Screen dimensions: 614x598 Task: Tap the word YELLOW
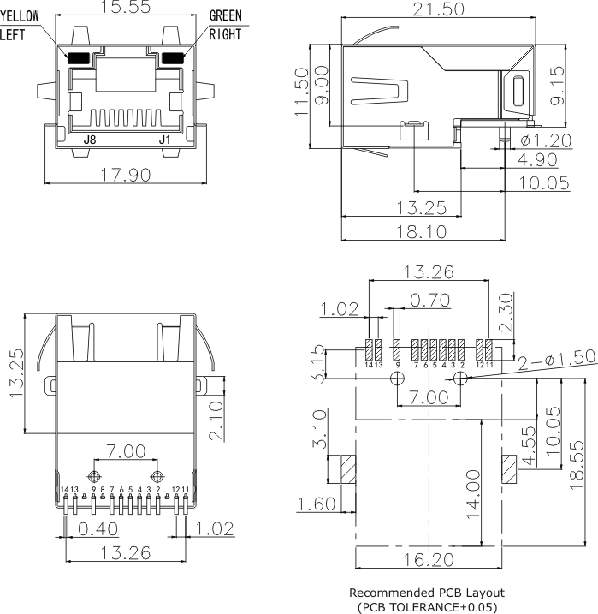[20, 16]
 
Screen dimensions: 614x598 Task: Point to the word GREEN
[225, 16]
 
